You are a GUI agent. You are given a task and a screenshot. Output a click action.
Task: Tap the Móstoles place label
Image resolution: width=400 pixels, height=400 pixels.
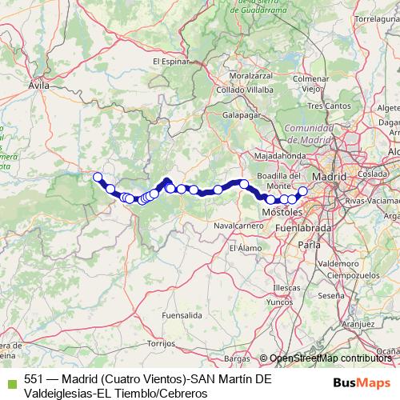click(283, 212)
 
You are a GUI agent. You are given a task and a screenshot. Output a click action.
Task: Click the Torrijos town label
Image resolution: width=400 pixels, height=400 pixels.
click(161, 342)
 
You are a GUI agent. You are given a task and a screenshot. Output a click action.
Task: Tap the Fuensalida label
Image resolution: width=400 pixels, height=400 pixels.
click(180, 316)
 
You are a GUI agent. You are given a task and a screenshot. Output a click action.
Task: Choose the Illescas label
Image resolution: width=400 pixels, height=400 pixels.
click(286, 286)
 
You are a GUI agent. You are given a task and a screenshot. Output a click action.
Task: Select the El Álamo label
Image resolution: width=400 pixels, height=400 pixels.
click(243, 248)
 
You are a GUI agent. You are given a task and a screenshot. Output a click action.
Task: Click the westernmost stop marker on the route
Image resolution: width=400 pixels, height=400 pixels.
click(98, 177)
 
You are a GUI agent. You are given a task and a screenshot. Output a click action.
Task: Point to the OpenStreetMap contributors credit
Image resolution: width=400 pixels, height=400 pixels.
click(328, 358)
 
